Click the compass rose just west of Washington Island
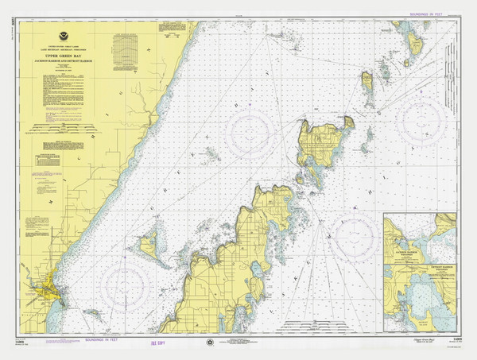(x=254, y=135)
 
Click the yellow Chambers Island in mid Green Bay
(x=149, y=246)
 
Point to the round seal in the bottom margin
(x=209, y=343)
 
